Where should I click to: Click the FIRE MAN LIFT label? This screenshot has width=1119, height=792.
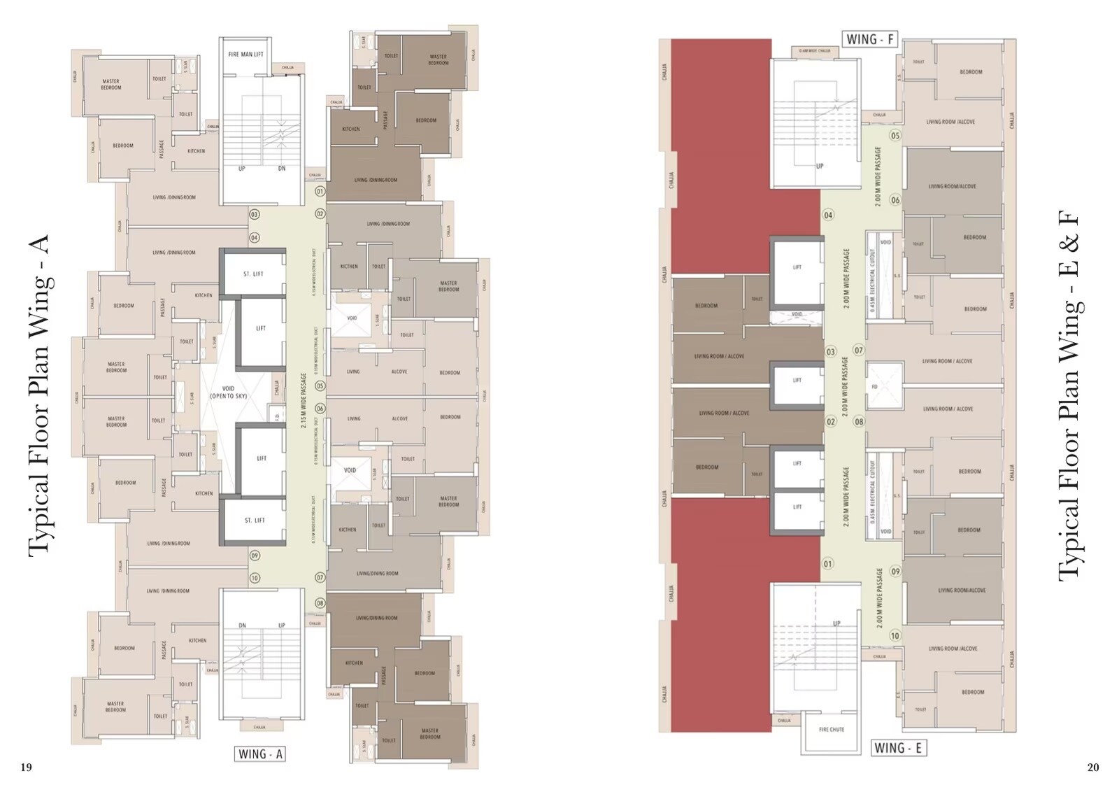245,54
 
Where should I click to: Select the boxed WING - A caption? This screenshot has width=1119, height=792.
260,754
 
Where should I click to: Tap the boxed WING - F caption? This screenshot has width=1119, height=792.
870,39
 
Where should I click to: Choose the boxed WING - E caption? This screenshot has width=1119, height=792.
898,748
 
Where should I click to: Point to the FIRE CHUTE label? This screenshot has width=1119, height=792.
832,729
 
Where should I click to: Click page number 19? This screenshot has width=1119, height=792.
26,768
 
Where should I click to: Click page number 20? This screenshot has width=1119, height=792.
1093,768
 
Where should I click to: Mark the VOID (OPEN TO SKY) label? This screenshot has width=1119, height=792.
228,392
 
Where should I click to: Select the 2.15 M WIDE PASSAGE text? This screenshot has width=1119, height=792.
304,400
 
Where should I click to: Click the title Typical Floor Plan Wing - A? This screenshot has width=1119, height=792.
39,396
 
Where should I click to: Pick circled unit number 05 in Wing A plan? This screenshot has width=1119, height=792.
320,386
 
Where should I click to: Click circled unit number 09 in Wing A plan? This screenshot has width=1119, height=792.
255,555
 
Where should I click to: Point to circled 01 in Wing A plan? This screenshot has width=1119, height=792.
320,191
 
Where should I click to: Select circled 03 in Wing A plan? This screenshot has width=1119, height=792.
255,215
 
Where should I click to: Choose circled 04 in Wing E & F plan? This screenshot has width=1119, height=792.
828,215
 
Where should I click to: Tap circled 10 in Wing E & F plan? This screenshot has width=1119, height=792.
895,636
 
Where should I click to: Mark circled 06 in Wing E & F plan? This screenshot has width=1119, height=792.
895,200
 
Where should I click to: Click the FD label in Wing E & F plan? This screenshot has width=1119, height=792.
874,387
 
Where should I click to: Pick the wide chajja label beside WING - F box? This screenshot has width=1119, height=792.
815,51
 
